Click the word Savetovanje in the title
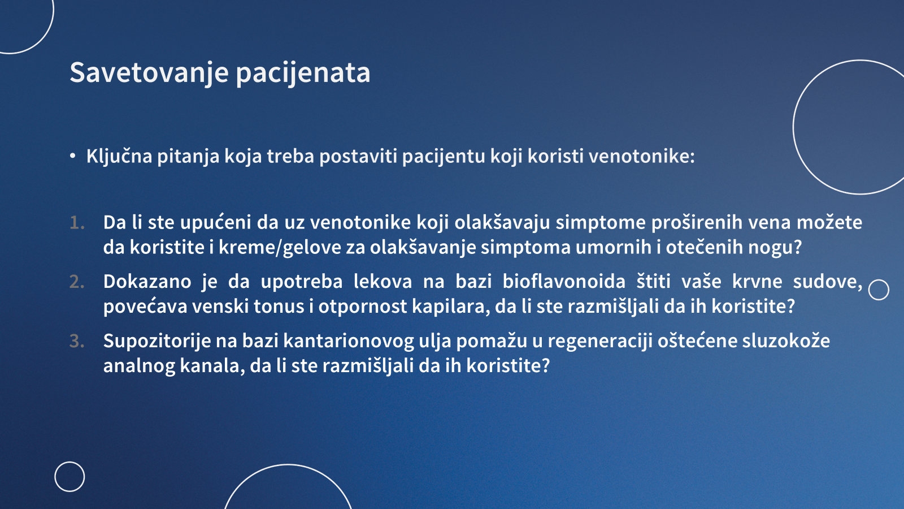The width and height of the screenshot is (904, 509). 149,73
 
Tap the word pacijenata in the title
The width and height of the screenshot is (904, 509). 303,73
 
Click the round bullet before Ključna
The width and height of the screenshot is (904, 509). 73,156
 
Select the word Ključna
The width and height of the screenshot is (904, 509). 119,156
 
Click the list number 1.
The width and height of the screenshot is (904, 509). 77,223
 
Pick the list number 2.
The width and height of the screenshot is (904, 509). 77,282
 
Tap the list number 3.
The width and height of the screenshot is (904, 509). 77,342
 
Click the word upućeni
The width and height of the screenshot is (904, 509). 216,223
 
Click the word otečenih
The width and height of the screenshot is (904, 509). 704,247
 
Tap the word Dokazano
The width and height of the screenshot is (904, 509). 147,281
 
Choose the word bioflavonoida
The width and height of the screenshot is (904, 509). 564,281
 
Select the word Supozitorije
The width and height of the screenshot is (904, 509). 158,342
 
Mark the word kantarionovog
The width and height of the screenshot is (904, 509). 349,342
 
